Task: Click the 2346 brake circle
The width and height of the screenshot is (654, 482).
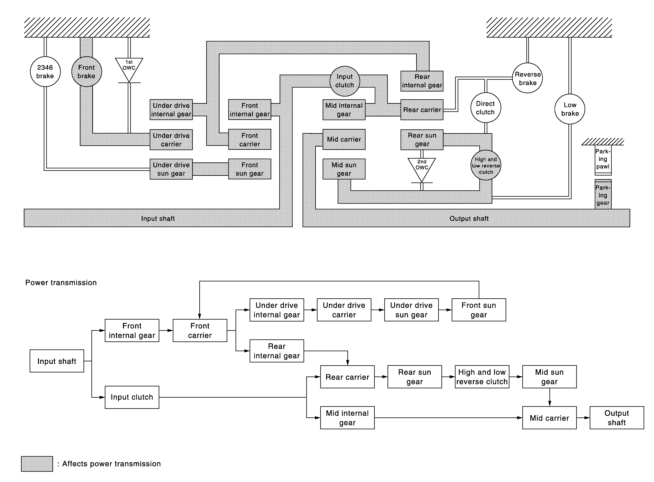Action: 45,71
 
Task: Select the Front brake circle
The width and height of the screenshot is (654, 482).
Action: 87,71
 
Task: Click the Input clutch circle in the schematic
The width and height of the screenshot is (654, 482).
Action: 345,81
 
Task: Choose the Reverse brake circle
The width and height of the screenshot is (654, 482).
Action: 528,78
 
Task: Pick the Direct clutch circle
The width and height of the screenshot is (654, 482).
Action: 486,108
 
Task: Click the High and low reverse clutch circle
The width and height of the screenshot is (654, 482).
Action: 486,165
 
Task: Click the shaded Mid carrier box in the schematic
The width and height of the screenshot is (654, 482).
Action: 344,140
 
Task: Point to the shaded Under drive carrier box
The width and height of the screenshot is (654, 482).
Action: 171,140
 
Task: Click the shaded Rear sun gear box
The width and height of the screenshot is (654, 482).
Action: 422,140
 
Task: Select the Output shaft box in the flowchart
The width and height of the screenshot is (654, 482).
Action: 617,418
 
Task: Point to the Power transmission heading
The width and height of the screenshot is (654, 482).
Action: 61,282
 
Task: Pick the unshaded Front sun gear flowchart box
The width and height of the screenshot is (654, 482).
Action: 479,310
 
